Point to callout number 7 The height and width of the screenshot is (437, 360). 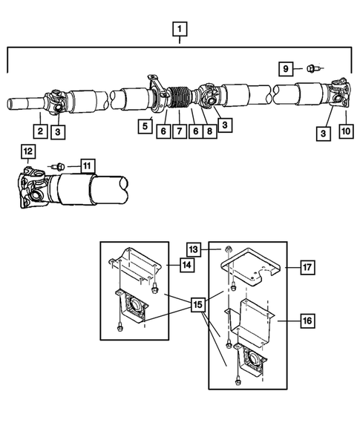(x=178, y=131)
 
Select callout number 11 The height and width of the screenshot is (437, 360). (x=88, y=165)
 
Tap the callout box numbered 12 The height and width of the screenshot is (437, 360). (x=28, y=152)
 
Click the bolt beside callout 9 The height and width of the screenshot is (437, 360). (x=310, y=69)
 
